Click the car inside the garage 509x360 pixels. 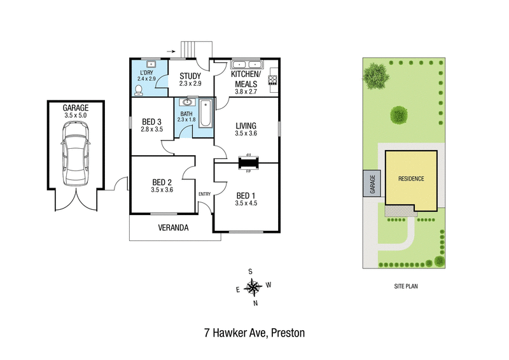(75, 155)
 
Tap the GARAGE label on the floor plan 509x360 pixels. (75, 108)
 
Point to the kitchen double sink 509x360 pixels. (247, 64)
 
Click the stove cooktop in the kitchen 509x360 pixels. (274, 80)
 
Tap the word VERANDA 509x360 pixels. (174, 228)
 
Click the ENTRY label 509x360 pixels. (204, 194)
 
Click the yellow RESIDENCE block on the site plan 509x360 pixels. (411, 179)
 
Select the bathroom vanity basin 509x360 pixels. (186, 102)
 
